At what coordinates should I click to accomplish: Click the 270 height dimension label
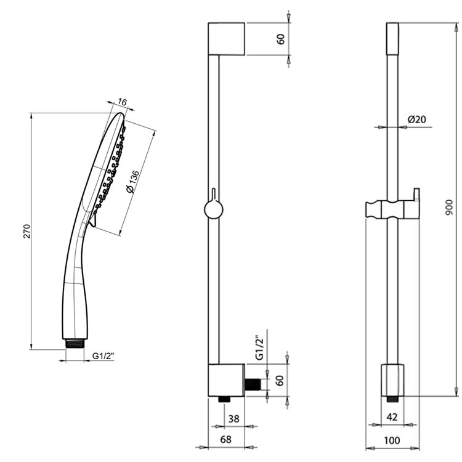(x=26, y=231)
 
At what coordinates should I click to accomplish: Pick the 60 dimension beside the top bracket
(x=281, y=39)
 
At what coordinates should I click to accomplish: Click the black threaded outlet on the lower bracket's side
(x=252, y=384)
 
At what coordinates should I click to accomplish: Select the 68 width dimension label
(x=225, y=439)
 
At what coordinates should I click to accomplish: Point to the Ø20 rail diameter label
(x=417, y=120)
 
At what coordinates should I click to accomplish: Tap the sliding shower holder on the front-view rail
(x=392, y=209)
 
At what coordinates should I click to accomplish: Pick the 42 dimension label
(x=392, y=417)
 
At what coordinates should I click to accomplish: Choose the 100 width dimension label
(x=392, y=440)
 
